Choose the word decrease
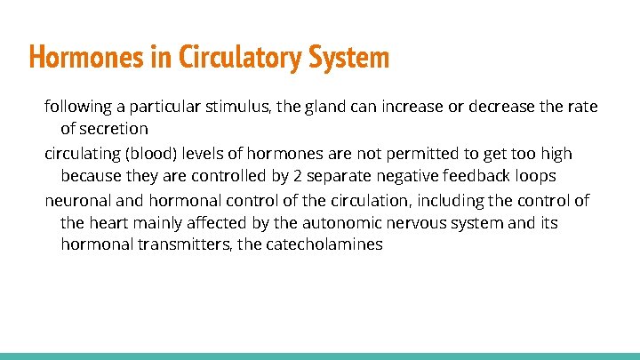point(503,108)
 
